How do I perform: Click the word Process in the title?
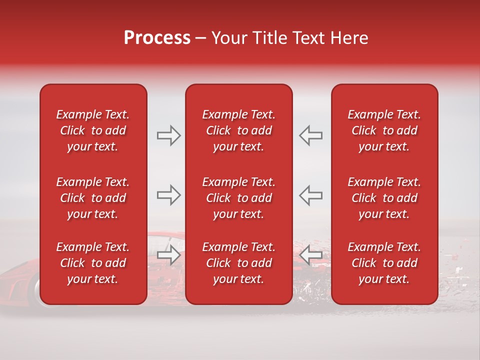pyautogui.click(x=157, y=38)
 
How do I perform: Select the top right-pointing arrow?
pyautogui.click(x=168, y=135)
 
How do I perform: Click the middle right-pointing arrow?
pyautogui.click(x=168, y=195)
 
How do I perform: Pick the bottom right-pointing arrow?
pyautogui.click(x=168, y=255)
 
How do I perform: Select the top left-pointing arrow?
pyautogui.click(x=311, y=135)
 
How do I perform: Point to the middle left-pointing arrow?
pyautogui.click(x=311, y=195)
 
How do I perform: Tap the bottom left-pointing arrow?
pyautogui.click(x=311, y=255)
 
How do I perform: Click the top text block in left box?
pyautogui.click(x=93, y=130)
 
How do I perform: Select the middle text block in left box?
pyautogui.click(x=93, y=198)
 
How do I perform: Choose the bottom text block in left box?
pyautogui.click(x=93, y=263)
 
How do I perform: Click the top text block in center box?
pyautogui.click(x=239, y=130)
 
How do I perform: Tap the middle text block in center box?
pyautogui.click(x=239, y=198)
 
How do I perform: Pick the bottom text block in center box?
pyautogui.click(x=239, y=263)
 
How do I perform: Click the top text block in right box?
pyautogui.click(x=384, y=130)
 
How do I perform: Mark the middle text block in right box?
pyautogui.click(x=384, y=198)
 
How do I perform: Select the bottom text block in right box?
pyautogui.click(x=384, y=263)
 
